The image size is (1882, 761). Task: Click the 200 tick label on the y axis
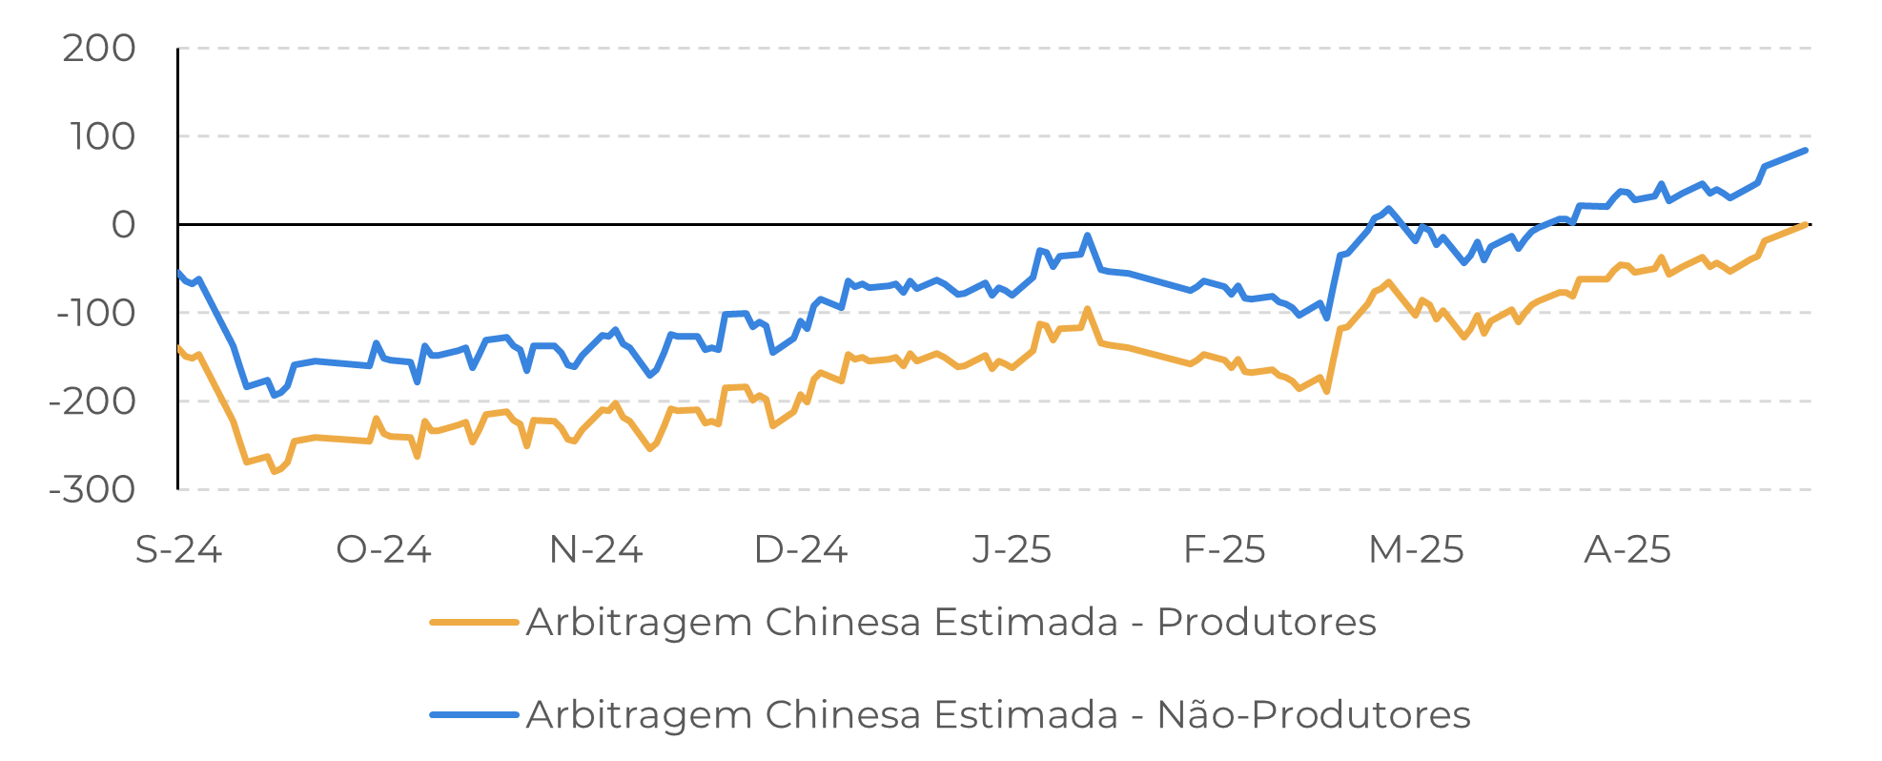point(99,49)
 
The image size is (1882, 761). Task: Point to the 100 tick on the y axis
point(102,137)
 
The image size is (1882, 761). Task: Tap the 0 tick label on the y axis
point(123,225)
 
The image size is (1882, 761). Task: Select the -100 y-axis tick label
point(95,313)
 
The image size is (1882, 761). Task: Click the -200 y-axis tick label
point(92,401)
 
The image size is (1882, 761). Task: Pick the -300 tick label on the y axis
point(92,490)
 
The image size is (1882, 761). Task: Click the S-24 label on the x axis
point(178,550)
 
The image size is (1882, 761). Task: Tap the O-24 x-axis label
point(384,550)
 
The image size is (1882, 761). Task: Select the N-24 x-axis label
point(596,550)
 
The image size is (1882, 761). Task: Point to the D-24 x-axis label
point(801,550)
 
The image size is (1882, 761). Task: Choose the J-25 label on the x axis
point(1012,550)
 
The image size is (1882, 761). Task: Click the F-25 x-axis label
point(1224,550)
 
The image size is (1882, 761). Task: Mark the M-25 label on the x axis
point(1416,550)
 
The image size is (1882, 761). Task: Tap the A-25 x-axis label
point(1627,550)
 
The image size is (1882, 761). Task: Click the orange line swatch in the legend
point(474,623)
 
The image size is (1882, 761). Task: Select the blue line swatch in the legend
point(474,714)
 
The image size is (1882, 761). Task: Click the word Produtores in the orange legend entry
point(1266,623)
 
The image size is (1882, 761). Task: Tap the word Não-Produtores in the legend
point(1313,714)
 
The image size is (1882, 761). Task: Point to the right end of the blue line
point(1805,151)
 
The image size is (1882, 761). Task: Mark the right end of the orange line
point(1805,225)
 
